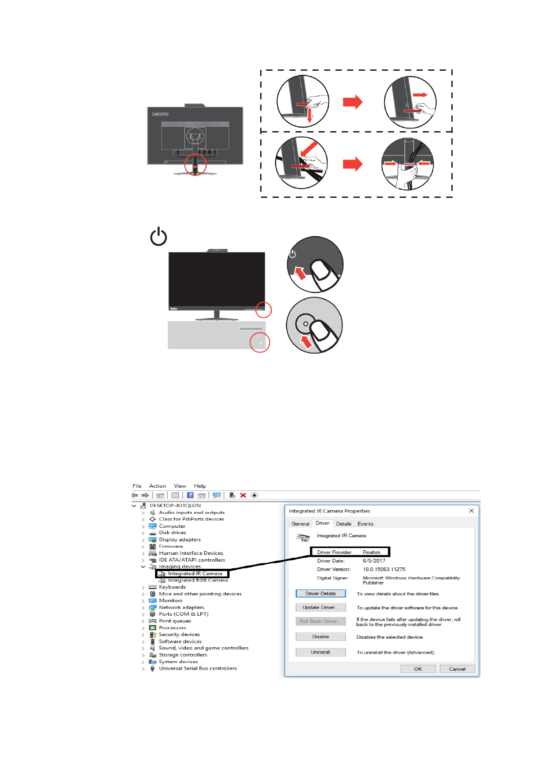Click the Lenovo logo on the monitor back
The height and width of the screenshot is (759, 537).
(x=160, y=114)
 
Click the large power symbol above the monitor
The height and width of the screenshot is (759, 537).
(x=159, y=237)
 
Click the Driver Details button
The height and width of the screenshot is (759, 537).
(x=321, y=594)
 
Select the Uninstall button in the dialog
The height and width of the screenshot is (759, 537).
(x=321, y=652)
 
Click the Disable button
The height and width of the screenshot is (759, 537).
(x=321, y=637)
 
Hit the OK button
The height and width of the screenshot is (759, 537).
(x=418, y=669)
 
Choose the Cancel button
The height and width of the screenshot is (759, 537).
(x=457, y=669)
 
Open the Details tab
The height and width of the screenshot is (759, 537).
(x=344, y=524)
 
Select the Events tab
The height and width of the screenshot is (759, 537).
(x=365, y=524)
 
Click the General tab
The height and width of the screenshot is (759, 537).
(x=300, y=524)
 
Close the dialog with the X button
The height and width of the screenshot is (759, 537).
(x=471, y=511)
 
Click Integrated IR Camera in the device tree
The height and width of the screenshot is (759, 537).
(x=195, y=574)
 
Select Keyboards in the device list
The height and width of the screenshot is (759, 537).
(x=172, y=587)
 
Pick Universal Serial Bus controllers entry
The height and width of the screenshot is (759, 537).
(x=197, y=668)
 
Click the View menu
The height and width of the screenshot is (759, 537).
(x=180, y=486)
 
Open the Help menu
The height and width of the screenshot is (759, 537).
(x=200, y=486)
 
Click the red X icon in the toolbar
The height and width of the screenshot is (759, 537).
(x=243, y=495)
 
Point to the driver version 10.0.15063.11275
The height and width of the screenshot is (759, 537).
(x=384, y=569)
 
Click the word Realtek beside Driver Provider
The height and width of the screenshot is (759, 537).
(x=372, y=552)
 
